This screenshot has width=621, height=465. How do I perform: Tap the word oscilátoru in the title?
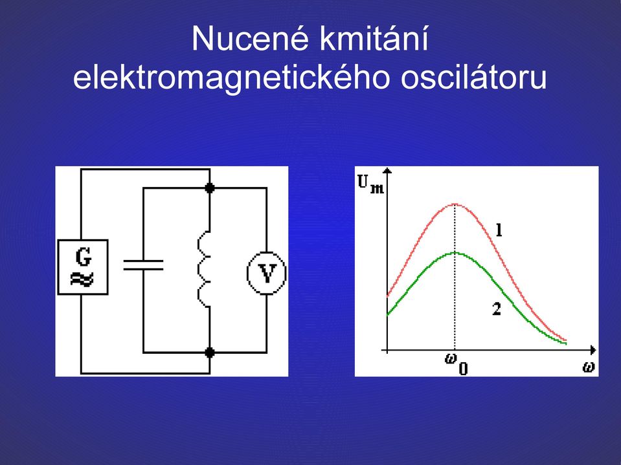coord(473,77)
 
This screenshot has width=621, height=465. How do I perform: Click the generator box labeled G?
coord(83,267)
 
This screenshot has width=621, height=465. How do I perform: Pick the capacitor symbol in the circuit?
coord(143,265)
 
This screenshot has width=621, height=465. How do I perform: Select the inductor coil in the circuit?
coord(204,269)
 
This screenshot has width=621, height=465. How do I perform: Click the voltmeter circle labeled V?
coord(267,273)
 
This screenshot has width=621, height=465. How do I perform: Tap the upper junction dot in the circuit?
coord(210,188)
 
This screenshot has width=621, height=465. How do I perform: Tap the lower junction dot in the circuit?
coord(210,352)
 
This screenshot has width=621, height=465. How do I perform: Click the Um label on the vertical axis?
coord(370,184)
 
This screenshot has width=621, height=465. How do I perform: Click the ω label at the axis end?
coord(589,367)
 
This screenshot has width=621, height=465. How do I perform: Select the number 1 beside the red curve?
coord(499,230)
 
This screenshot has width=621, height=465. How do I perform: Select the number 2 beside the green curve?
coord(497,308)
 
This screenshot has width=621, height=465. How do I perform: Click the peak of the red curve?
coord(455,204)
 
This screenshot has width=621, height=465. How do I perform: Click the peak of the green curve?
coord(455,252)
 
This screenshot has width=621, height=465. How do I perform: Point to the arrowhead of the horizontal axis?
coord(593,350)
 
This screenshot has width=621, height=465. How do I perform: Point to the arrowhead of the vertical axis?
coord(388,171)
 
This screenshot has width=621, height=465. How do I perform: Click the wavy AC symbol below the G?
coord(82,279)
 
